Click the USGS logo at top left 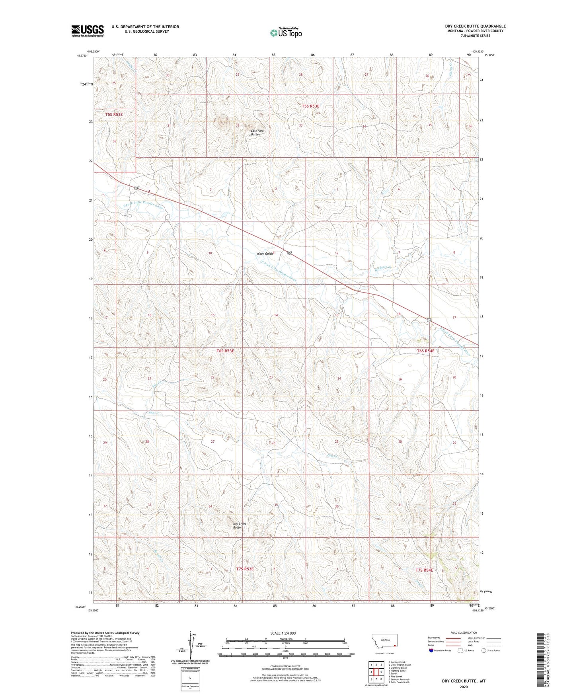pyautogui.click(x=88, y=31)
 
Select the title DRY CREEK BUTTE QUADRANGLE pyautogui.click(x=475, y=26)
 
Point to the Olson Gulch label pyautogui.click(x=265, y=254)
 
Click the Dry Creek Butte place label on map pyautogui.click(x=240, y=525)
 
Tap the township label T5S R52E pyautogui.click(x=114, y=115)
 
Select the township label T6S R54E pyautogui.click(x=425, y=351)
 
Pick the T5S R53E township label pyautogui.click(x=310, y=106)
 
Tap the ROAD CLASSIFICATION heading pyautogui.click(x=464, y=633)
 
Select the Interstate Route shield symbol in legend pyautogui.click(x=432, y=650)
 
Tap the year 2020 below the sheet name pyautogui.click(x=464, y=687)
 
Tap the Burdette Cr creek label pyautogui.click(x=383, y=269)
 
